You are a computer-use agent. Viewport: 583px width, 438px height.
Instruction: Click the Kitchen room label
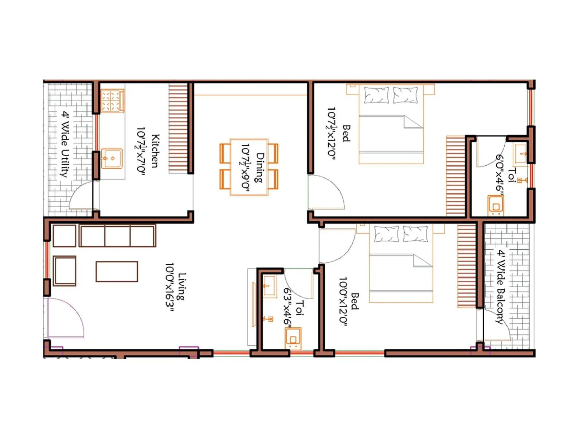click(155, 151)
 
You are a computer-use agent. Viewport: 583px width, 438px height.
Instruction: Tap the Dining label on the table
click(259, 168)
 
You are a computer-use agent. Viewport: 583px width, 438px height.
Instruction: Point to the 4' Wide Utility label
click(65, 144)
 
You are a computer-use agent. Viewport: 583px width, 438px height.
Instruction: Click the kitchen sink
click(111, 158)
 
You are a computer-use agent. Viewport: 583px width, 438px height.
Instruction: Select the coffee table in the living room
click(117, 272)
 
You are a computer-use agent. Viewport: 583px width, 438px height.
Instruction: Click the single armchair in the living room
click(64, 270)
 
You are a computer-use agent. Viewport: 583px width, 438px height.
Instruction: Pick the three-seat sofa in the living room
click(117, 236)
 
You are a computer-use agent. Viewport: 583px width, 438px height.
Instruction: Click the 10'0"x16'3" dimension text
click(170, 287)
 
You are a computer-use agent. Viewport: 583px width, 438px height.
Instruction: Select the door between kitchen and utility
click(83, 196)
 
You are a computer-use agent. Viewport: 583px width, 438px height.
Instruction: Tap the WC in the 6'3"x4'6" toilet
click(293, 338)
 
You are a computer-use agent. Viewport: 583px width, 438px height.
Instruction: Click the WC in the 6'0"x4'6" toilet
click(496, 205)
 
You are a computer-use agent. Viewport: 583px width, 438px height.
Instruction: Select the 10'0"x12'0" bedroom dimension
click(343, 301)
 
